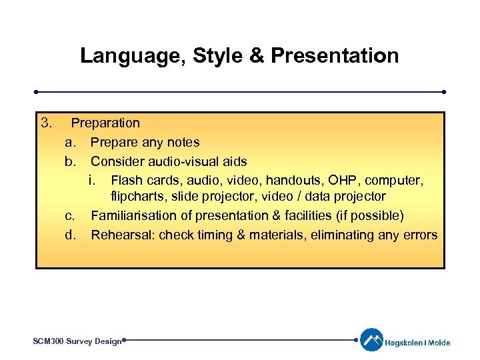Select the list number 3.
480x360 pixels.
46,123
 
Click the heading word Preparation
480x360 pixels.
105,123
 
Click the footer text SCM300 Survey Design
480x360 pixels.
77,341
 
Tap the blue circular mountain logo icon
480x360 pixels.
372,339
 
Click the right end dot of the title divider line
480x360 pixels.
443,92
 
